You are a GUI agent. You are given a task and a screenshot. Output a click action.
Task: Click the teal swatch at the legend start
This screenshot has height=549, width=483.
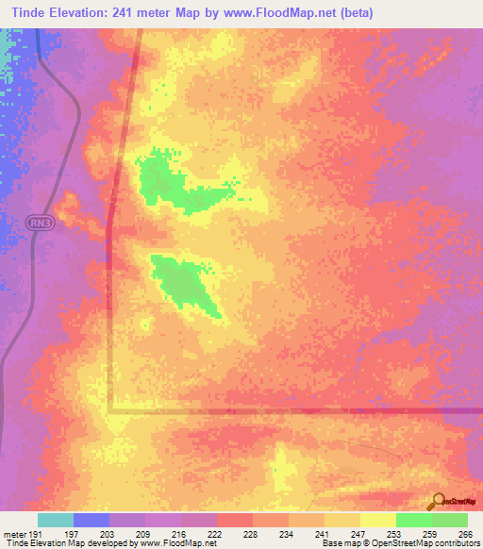click(x=55, y=520)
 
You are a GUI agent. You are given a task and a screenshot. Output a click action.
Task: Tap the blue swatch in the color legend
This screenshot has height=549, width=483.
click(x=91, y=520)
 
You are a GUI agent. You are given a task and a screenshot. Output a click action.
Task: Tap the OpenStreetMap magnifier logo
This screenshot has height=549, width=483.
click(x=438, y=501)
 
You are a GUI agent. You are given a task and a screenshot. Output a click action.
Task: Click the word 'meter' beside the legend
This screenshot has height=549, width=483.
click(x=16, y=534)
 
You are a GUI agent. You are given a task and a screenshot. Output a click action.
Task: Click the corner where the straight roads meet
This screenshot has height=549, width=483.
click(x=109, y=410)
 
